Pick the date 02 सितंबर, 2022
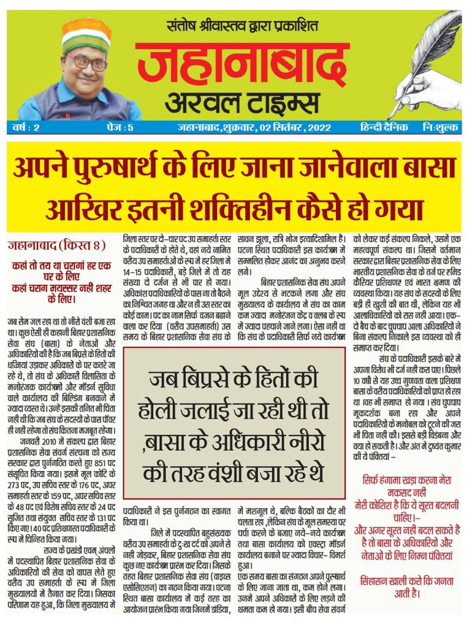click(294, 128)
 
